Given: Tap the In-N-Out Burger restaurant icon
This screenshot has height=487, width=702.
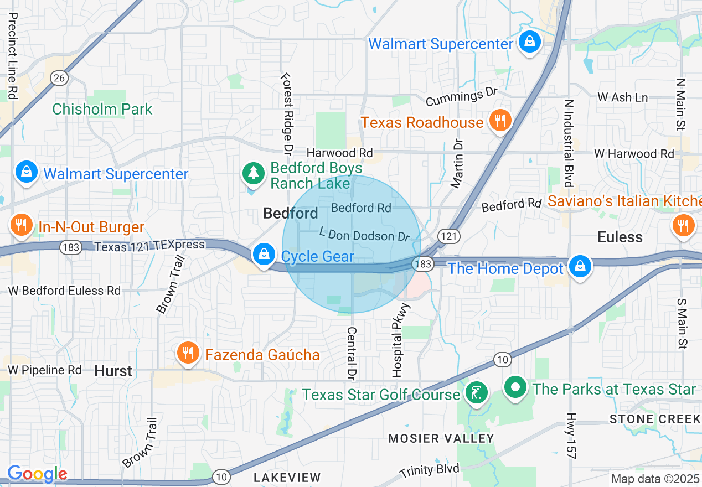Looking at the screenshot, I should pos(21,226).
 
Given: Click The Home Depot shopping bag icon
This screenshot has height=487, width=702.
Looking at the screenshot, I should pos(580,267).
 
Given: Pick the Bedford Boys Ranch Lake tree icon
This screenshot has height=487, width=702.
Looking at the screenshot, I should pos(254,173).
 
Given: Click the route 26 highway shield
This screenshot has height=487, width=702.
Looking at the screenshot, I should pos(59,78).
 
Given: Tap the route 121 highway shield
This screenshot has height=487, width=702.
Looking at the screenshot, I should pos(449,236).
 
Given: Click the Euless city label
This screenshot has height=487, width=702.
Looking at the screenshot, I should pos(620,237).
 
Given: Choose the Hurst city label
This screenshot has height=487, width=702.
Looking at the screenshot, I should pos(113,371).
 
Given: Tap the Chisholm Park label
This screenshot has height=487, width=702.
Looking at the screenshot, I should pos(102,109).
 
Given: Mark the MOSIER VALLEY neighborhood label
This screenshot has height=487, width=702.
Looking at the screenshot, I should pos(441,438).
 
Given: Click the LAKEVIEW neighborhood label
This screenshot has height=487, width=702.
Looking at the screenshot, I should pos(287,477).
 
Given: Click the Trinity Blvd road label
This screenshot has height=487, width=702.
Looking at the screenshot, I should pos(429,470).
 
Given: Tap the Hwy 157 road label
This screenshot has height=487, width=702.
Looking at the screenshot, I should pos(572,436).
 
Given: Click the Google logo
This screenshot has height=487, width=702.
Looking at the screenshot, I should pos(37,474).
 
